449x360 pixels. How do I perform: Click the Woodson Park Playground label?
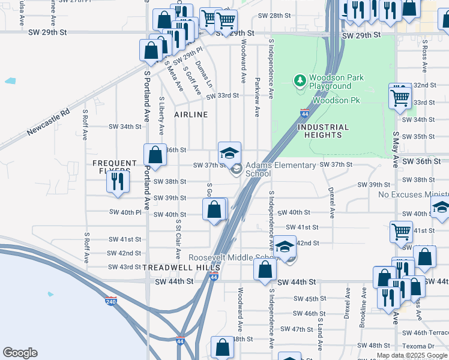(330, 82)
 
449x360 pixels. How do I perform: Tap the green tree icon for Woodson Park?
(300, 80)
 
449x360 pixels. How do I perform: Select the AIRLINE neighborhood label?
(191, 114)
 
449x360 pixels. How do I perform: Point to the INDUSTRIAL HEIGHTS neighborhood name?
(323, 131)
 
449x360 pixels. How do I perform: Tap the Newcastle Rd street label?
(49, 123)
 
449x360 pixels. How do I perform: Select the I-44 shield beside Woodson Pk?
(304, 113)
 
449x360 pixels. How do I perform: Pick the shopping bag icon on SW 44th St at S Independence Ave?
(265, 269)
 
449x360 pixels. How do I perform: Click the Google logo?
(20, 353)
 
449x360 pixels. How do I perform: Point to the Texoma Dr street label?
(418, 346)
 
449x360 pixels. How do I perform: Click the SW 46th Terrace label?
(425, 332)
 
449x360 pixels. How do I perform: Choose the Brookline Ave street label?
(363, 307)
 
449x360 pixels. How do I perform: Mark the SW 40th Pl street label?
(125, 212)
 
